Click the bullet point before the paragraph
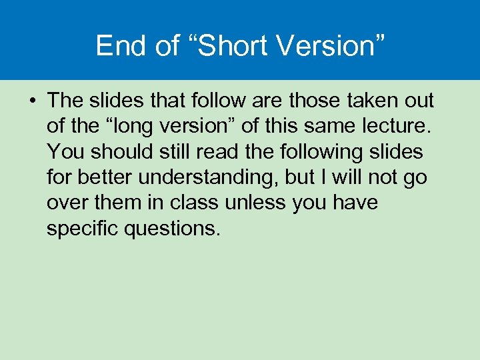[x=32, y=101]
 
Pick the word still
[x=175, y=152]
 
